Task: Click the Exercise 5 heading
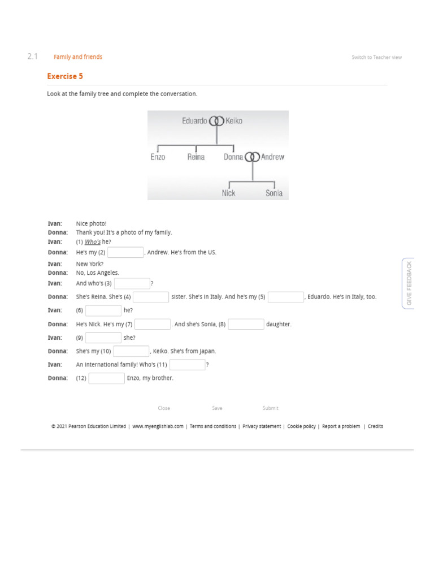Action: (65, 76)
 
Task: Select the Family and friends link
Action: (78, 57)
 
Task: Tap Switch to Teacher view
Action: (376, 57)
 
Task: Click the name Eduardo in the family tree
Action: (194, 120)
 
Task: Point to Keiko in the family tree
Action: (234, 120)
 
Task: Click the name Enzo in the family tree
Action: (158, 157)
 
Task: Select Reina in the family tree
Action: (196, 157)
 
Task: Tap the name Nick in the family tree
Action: (228, 193)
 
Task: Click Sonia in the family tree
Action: (274, 193)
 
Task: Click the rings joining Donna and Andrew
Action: (252, 157)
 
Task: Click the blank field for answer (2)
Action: (125, 253)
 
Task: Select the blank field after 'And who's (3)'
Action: (132, 283)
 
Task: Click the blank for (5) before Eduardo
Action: (286, 297)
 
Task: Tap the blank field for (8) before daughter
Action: (246, 325)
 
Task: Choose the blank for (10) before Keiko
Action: (131, 351)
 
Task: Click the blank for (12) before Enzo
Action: (106, 378)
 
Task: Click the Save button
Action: (217, 408)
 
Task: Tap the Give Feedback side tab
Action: (409, 283)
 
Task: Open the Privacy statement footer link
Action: (262, 426)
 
